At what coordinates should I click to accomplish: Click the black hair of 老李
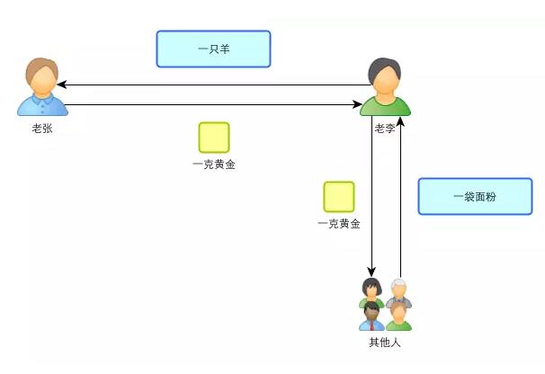point(385,67)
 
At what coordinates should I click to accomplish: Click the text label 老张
point(42,128)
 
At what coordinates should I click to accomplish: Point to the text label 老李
point(386,128)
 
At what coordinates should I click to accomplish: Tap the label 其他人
point(385,343)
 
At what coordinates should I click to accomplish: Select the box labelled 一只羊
point(213,49)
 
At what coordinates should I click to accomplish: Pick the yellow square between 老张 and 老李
point(214,138)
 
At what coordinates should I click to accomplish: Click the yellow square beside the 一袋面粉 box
point(339,197)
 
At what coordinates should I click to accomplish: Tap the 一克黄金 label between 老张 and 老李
point(214,165)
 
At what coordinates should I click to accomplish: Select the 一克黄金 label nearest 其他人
point(339,224)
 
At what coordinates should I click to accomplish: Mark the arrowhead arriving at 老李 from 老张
point(357,105)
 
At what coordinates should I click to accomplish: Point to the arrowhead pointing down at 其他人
point(371,272)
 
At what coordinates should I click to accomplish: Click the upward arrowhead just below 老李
point(401,121)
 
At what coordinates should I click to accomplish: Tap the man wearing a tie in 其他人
point(371,314)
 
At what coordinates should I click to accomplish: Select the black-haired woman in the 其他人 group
point(371,289)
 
